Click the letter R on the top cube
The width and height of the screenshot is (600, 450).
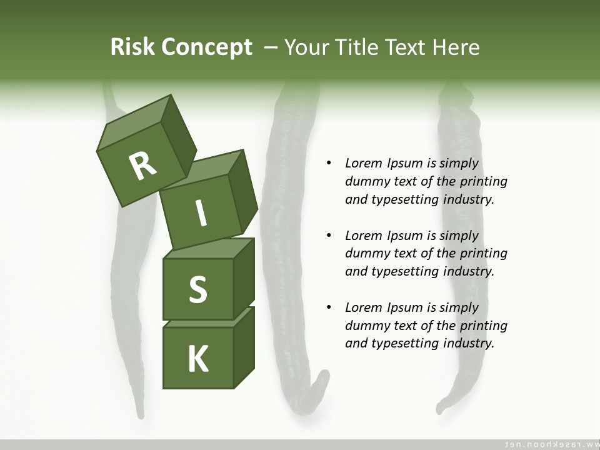point(142,166)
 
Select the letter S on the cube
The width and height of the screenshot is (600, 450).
point(197,290)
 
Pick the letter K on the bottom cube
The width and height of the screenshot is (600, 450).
point(198,359)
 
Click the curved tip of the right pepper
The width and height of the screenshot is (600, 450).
point(443,406)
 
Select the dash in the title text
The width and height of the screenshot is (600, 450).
point(271,47)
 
